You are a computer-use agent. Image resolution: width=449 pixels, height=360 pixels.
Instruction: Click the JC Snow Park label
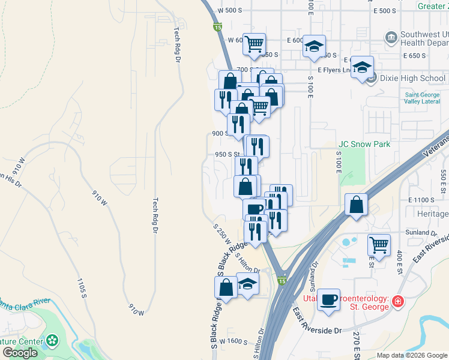point(364,144)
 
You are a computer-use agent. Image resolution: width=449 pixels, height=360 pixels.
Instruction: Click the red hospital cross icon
point(397,303)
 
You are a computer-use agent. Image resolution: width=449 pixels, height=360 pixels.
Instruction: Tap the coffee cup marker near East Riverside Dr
point(328,300)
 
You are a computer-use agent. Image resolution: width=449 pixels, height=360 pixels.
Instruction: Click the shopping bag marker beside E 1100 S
point(357,204)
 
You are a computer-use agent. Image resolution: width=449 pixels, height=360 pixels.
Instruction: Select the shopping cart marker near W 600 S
point(255,44)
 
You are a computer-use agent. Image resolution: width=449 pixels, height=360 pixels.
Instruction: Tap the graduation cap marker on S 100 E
point(313,47)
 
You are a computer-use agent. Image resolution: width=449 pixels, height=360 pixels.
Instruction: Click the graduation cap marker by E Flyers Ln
point(362,68)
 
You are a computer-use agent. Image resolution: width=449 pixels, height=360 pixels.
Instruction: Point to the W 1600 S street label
point(234,341)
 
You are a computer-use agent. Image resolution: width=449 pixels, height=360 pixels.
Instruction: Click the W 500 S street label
point(230,11)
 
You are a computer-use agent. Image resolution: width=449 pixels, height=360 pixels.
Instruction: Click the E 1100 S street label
point(421,199)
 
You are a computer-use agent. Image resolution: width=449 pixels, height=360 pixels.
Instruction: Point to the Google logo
point(20,353)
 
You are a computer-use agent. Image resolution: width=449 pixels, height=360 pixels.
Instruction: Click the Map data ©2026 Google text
point(411,355)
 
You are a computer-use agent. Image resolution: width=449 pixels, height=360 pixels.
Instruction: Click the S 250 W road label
point(222,233)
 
